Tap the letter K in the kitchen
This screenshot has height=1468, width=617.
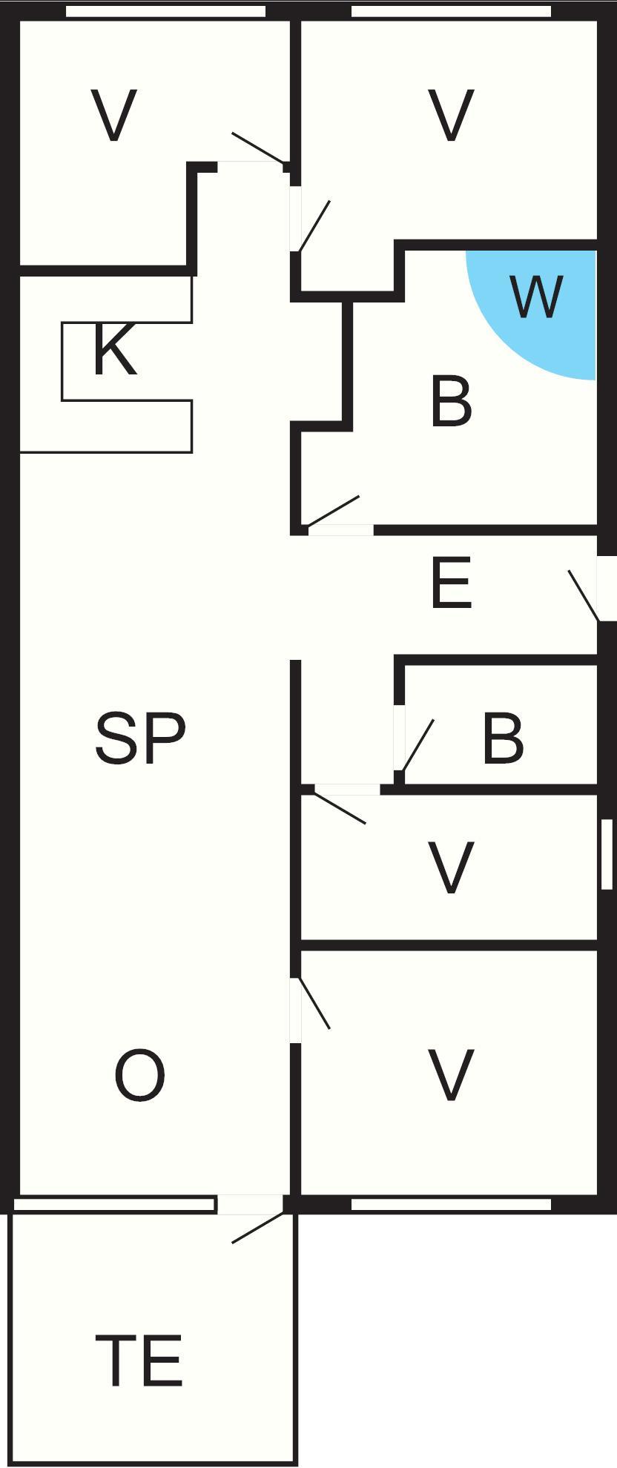tap(115, 350)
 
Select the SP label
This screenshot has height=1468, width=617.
tap(140, 738)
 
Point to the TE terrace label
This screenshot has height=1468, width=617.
tap(139, 1360)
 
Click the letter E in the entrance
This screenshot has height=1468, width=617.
tap(450, 583)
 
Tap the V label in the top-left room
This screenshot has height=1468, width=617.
tap(113, 116)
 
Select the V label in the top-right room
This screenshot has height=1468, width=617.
tap(452, 116)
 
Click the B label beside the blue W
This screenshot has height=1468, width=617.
tap(451, 402)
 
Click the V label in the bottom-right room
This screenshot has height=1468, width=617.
tap(452, 1076)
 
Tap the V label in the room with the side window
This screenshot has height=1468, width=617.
tap(452, 868)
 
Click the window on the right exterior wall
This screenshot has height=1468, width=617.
tap(607, 854)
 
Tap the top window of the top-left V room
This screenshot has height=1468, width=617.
tap(165, 11)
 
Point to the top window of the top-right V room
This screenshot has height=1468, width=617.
tap(451, 11)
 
